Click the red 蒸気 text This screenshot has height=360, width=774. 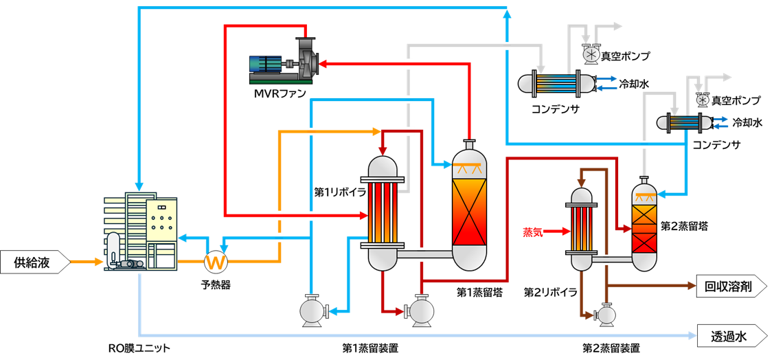pyautogui.click(x=532, y=232)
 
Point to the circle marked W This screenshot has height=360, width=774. pyautogui.click(x=216, y=262)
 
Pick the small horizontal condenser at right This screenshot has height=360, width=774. pyautogui.click(x=684, y=123)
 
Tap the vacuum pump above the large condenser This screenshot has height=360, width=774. pyautogui.click(x=590, y=53)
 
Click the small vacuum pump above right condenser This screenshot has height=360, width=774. pyautogui.click(x=702, y=100)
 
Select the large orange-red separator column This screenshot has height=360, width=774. pyautogui.click(x=469, y=206)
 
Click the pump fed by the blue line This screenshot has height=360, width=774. pyautogui.click(x=312, y=311)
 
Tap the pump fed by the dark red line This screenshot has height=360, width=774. pyautogui.click(x=420, y=311)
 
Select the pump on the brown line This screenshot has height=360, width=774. pyautogui.click(x=606, y=315)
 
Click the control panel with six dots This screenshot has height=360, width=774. pyautogui.click(x=161, y=221)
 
